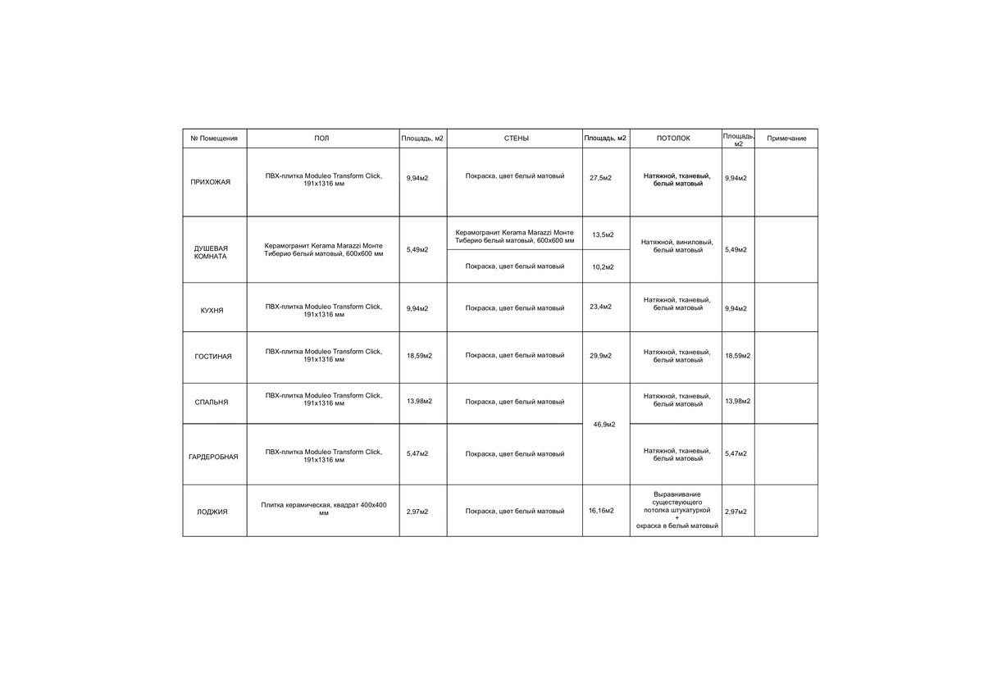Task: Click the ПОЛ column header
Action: pos(321,139)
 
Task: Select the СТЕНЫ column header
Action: pos(516,139)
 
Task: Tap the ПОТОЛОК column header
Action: pos(673,139)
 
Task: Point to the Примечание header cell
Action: pos(786,139)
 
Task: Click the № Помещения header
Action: pos(214,139)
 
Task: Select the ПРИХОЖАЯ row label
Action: pos(211,181)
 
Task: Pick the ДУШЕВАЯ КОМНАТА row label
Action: pos(211,252)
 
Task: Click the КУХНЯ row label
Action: pos(212,311)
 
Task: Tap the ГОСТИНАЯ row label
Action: pos(213,357)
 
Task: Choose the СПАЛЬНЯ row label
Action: pos(212,403)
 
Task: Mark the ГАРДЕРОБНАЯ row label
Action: pos(213,457)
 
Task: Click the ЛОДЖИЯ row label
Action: pos(212,512)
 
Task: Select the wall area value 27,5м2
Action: pos(601,178)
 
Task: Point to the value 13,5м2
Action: pos(603,235)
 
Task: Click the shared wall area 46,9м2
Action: pos(604,424)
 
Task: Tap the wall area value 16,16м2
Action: pos(601,511)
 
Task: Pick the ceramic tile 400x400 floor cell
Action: pos(323,508)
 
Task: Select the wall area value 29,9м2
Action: pos(601,356)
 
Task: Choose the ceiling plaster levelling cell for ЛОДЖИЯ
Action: pos(677,510)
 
